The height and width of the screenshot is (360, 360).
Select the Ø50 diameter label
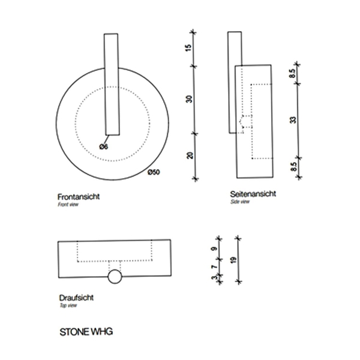tap(154, 172)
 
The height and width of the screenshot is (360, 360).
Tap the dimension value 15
tap(189, 49)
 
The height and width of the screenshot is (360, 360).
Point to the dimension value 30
tap(189, 100)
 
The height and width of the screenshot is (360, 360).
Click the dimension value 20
tap(189, 155)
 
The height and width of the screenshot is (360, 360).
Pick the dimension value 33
tap(292, 119)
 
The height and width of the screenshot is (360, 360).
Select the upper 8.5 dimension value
tap(292, 75)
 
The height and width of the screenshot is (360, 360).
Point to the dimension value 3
tap(214, 277)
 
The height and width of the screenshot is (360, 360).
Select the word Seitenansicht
tap(253, 194)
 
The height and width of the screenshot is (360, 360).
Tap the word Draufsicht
tap(76, 298)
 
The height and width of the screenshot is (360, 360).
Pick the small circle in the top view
tap(115, 277)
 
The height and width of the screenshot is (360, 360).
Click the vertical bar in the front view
tap(112, 84)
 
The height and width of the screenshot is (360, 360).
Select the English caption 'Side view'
tap(239, 202)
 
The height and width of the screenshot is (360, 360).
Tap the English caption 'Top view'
tap(68, 305)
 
